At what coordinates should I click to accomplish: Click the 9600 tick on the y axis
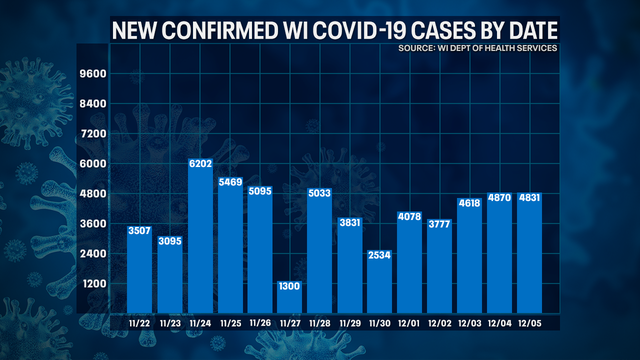(93, 75)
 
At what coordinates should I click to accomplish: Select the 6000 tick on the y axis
(93, 164)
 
